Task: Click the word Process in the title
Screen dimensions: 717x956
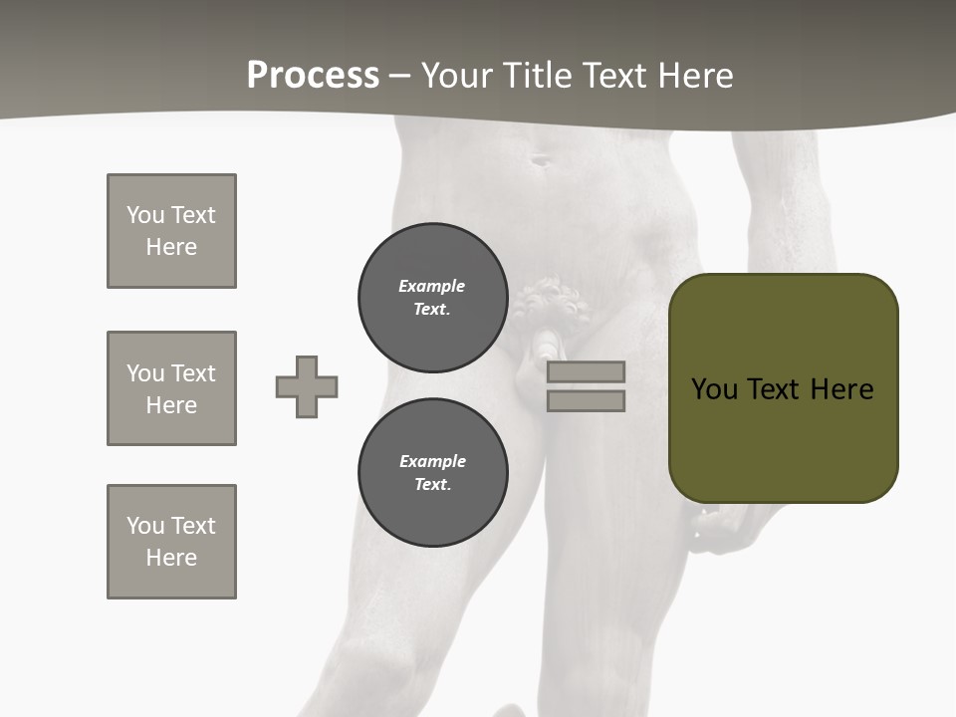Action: [x=313, y=75]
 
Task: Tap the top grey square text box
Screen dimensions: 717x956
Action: [x=171, y=231]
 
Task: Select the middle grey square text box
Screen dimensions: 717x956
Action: [x=171, y=388]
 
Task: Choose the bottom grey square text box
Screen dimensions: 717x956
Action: [x=171, y=542]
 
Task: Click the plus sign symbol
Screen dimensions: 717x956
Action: [x=307, y=386]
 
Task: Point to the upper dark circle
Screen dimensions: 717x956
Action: [x=432, y=298]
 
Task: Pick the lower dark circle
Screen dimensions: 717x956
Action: [x=432, y=473]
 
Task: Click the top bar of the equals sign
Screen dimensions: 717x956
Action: [x=586, y=371]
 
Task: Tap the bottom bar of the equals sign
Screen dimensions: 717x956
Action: [x=586, y=400]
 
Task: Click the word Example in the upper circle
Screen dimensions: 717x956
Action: [x=431, y=287]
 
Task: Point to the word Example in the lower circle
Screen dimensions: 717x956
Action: [x=432, y=462]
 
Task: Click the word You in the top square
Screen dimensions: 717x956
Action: [x=145, y=215]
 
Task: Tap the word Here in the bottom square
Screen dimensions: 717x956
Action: [x=171, y=558]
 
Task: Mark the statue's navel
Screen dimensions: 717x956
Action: [x=541, y=159]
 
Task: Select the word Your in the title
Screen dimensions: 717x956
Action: [x=451, y=76]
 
